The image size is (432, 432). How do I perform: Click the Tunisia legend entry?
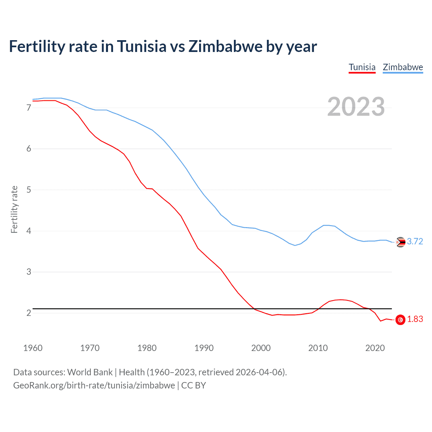pyautogui.click(x=362, y=67)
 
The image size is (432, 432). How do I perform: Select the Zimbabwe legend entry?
pyautogui.click(x=403, y=67)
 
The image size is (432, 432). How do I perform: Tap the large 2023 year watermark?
pyautogui.click(x=356, y=107)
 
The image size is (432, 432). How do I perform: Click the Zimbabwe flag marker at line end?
pyautogui.click(x=400, y=242)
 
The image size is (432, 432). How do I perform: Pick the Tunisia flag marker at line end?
pyautogui.click(x=400, y=320)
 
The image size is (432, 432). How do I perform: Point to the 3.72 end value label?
pyautogui.click(x=415, y=242)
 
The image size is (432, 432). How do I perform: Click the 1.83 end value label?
pyautogui.click(x=415, y=319)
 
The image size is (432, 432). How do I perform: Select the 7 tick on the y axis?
pyautogui.click(x=29, y=108)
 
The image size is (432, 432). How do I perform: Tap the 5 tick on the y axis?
pyautogui.click(x=29, y=190)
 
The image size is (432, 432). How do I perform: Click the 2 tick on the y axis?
pyautogui.click(x=29, y=313)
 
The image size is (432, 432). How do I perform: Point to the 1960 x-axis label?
pyautogui.click(x=33, y=348)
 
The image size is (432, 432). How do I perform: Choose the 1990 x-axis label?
pyautogui.click(x=204, y=348)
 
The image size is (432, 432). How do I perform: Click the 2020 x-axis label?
pyautogui.click(x=375, y=348)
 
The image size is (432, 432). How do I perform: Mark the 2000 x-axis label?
pyautogui.click(x=261, y=348)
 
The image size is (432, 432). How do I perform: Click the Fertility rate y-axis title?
pyautogui.click(x=14, y=209)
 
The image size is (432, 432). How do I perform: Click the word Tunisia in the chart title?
pyautogui.click(x=142, y=47)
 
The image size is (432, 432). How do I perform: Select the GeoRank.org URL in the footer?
pyautogui.click(x=94, y=385)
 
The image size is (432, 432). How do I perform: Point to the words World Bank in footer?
pyautogui.click(x=90, y=372)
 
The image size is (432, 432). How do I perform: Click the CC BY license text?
pyautogui.click(x=193, y=385)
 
